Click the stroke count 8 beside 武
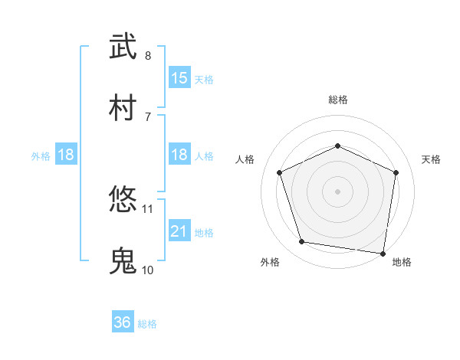pos(148,56)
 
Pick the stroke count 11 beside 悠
pos(148,208)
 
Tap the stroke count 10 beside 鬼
pos(148,270)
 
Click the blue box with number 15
pos(179,78)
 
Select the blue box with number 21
pos(179,231)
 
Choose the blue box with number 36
pos(123,322)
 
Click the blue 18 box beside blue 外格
pos(66,155)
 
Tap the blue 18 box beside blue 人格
pos(179,155)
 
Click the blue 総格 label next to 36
pos(147,324)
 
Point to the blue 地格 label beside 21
pos(204,232)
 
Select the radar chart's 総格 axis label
pos(337,100)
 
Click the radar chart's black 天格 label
pos(431,159)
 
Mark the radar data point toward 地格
pos(383,253)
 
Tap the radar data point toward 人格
pos(280,172)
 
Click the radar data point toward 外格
pos(302,242)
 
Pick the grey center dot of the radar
pos(337,191)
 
